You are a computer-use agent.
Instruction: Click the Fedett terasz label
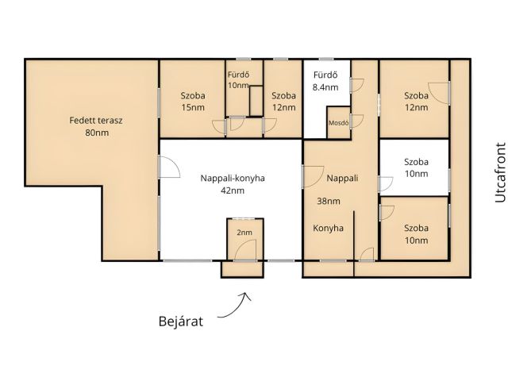[96, 121]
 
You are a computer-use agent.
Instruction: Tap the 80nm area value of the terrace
[97, 133]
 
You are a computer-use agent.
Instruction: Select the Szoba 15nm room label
[193, 102]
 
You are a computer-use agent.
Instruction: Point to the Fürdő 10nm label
[238, 80]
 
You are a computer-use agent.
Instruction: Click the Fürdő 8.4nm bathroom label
[325, 81]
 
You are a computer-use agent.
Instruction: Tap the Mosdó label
[339, 123]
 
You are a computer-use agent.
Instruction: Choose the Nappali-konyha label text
[233, 178]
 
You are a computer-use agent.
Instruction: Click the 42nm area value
[233, 190]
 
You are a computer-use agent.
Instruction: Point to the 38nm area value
[329, 201]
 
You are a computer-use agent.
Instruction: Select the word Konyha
[328, 228]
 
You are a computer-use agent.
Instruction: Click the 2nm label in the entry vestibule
[244, 233]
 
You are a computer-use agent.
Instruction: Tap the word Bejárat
[181, 321]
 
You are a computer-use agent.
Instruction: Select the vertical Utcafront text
[501, 172]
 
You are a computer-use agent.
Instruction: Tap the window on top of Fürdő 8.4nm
[326, 60]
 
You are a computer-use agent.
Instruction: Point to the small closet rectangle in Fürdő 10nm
[256, 101]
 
